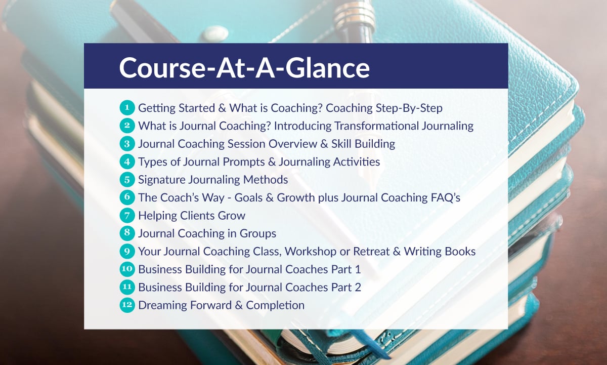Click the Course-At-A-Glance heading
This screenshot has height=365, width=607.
click(244, 67)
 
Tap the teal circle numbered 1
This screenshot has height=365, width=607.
click(127, 108)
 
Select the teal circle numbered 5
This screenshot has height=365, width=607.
click(127, 180)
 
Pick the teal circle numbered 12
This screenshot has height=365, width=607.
click(127, 305)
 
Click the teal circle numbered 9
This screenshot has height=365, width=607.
click(127, 252)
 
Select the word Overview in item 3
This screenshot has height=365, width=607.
click(286, 144)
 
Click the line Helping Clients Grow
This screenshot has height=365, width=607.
click(192, 216)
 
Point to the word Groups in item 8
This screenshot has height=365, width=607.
click(257, 233)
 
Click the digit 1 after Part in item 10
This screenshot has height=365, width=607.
click(358, 269)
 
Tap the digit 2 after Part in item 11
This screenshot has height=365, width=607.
click(358, 287)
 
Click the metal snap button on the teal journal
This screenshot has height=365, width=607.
click(215, 33)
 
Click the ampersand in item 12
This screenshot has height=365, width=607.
click(239, 305)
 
